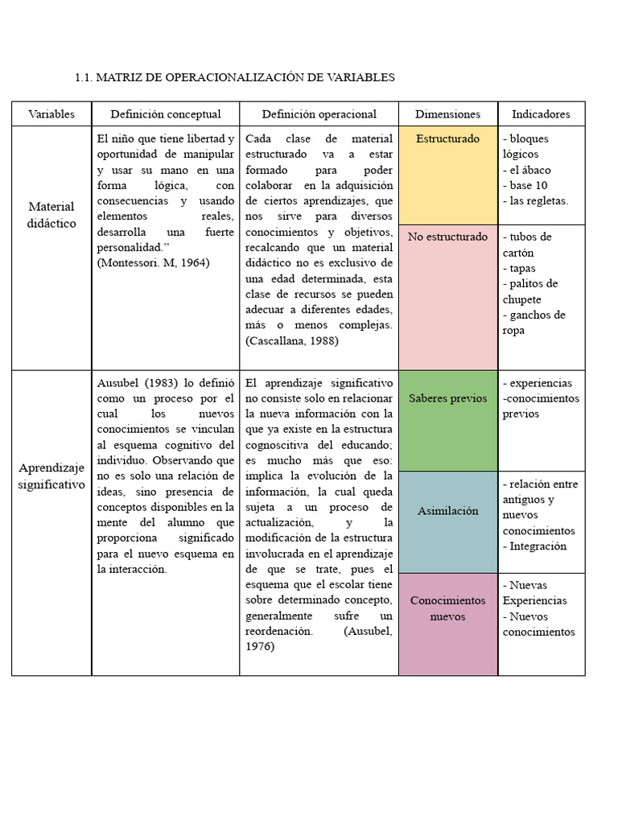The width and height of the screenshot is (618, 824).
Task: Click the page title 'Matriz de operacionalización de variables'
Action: (x=234, y=77)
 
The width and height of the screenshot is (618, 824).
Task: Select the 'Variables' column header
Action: (x=51, y=114)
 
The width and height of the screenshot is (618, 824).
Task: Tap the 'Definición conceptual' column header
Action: (x=166, y=114)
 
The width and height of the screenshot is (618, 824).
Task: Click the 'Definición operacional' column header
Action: (x=319, y=114)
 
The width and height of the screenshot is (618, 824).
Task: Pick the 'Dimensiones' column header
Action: (x=447, y=114)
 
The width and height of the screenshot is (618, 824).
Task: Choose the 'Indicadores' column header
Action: (x=541, y=114)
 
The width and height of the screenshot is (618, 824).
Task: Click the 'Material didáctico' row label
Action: (x=51, y=215)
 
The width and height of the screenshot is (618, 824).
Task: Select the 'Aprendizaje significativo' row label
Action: (x=51, y=476)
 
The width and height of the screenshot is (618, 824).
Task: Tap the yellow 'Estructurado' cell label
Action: (x=447, y=139)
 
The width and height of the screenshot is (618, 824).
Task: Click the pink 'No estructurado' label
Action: (x=447, y=237)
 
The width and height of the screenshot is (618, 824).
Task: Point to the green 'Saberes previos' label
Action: (x=447, y=398)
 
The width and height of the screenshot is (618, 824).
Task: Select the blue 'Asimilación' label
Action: (x=447, y=511)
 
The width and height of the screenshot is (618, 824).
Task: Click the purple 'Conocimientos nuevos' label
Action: (x=447, y=609)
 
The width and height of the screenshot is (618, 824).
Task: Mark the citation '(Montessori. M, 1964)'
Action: (x=153, y=263)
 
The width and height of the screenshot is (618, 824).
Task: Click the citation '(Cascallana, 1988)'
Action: (x=291, y=341)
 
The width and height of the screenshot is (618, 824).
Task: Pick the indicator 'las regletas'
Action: (x=538, y=200)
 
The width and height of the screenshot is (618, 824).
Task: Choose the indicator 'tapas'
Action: (x=521, y=268)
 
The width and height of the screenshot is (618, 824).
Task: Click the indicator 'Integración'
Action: (x=538, y=546)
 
